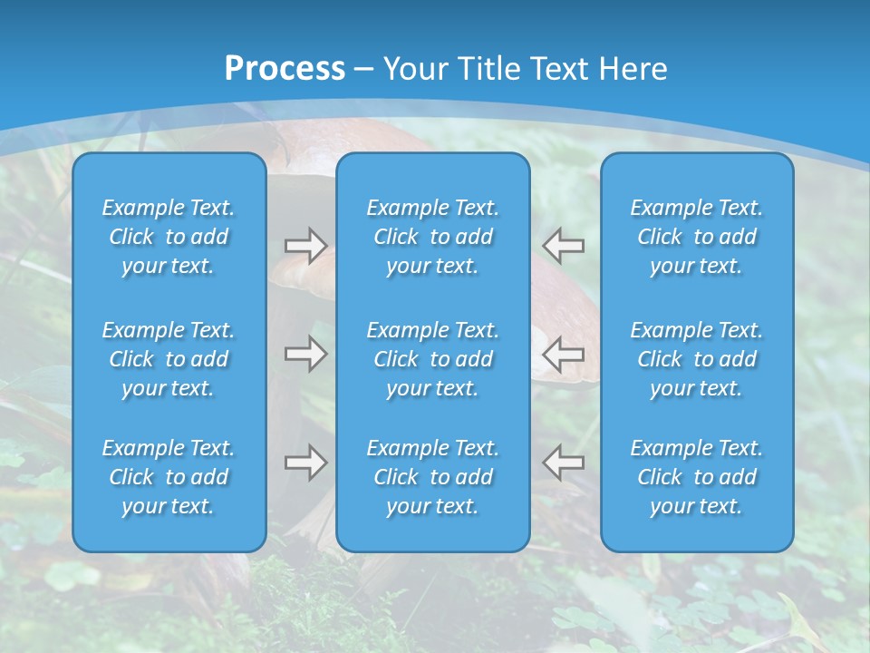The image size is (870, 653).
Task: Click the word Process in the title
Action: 285,69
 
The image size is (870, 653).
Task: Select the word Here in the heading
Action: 633,69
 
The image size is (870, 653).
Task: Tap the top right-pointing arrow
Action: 305,246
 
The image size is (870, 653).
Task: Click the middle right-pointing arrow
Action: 305,354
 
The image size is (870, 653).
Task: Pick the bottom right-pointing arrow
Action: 305,463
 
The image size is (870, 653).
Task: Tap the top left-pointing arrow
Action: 564,246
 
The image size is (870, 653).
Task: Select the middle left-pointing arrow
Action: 564,354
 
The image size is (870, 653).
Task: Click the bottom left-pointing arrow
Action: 564,463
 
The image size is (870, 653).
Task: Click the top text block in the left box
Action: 169,237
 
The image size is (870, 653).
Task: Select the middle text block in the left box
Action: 169,359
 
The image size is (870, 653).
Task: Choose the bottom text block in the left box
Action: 169,477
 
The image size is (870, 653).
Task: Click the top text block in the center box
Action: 432,237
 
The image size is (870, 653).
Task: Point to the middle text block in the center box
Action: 432,359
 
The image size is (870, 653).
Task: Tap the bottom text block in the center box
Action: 432,477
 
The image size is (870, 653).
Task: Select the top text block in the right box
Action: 696,237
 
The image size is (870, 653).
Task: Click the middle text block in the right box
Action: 696,359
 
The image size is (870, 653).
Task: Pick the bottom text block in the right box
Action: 696,477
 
